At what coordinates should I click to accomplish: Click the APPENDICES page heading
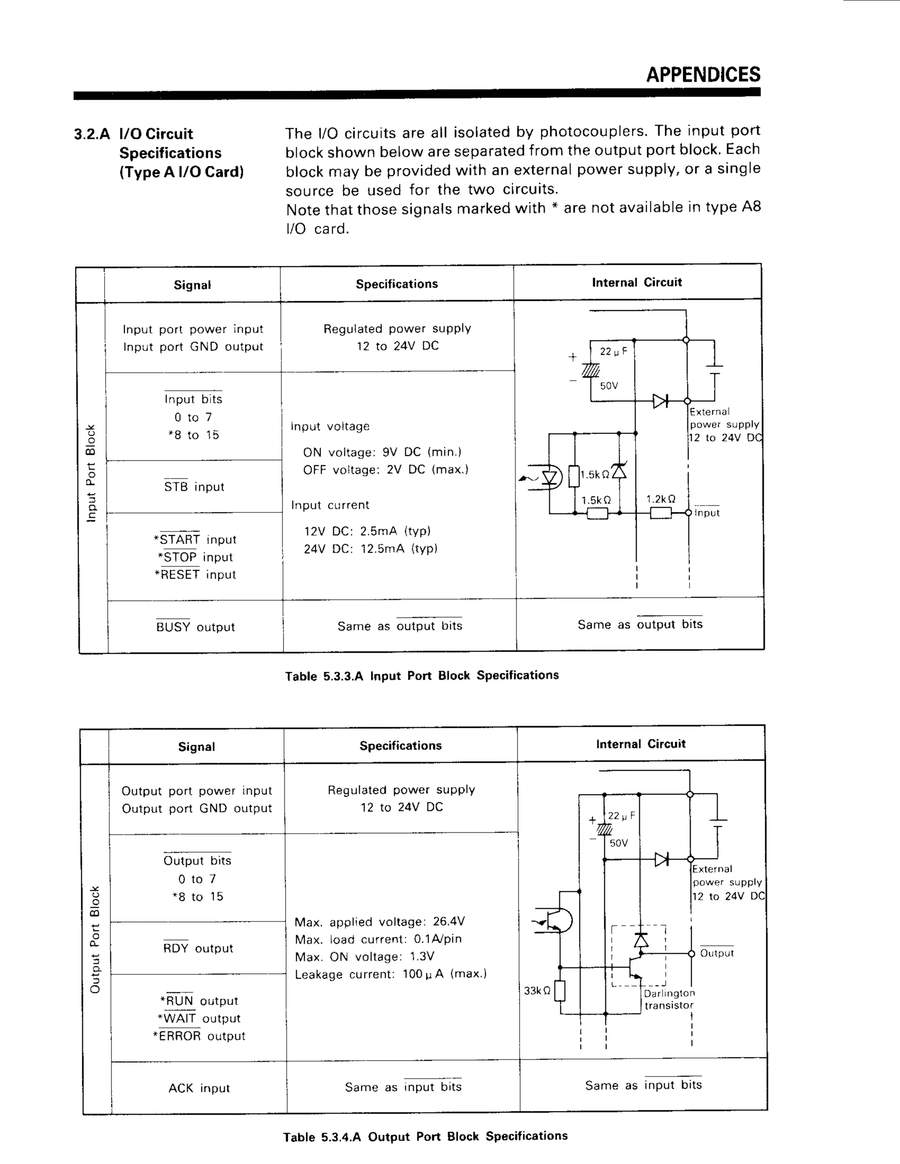pyautogui.click(x=703, y=75)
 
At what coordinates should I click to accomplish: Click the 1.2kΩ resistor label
pyautogui.click(x=660, y=499)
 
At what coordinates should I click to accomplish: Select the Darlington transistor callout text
pyautogui.click(x=669, y=999)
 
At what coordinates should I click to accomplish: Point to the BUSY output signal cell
pyautogui.click(x=195, y=627)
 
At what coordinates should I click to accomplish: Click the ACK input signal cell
pyautogui.click(x=199, y=1088)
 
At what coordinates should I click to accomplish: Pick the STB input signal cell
pyautogui.click(x=194, y=487)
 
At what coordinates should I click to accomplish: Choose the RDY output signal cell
pyautogui.click(x=198, y=948)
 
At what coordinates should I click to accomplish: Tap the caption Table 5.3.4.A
pyautogui.click(x=425, y=1136)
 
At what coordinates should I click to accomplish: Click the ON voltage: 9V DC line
pyautogui.click(x=382, y=452)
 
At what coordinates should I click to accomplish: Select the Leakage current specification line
pyautogui.click(x=391, y=974)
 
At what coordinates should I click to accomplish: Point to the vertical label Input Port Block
pyautogui.click(x=91, y=473)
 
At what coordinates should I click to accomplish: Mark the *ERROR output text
pyautogui.click(x=199, y=1036)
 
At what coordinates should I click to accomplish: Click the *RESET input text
pyautogui.click(x=195, y=575)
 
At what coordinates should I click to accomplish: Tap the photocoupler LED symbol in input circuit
pyautogui.click(x=549, y=477)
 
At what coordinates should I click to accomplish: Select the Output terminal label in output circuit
pyautogui.click(x=717, y=953)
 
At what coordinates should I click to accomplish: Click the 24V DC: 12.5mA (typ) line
pyautogui.click(x=370, y=549)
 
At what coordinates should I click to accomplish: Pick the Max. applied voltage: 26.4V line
pyautogui.click(x=380, y=922)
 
